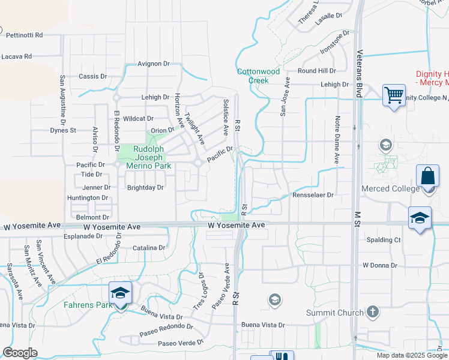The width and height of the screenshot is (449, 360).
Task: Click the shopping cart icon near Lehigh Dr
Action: tap(394, 95)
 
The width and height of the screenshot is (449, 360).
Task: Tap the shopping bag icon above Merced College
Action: tap(427, 177)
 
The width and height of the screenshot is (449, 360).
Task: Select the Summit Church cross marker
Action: tap(373, 312)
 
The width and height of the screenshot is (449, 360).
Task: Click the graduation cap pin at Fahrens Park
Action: tap(120, 293)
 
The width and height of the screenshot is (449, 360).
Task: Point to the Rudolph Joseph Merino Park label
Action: tap(144, 157)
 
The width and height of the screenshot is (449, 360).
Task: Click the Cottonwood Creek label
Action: tap(258, 75)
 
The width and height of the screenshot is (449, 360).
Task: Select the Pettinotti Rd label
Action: tap(25, 35)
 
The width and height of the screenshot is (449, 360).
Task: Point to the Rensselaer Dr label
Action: tap(312, 195)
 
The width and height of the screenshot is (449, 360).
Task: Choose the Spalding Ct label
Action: tap(383, 240)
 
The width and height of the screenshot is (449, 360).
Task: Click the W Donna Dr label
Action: tap(381, 265)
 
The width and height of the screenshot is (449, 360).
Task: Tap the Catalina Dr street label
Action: tap(149, 248)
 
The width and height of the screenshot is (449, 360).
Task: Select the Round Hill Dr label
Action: tap(316, 71)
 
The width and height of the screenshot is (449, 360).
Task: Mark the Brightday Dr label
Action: tap(145, 188)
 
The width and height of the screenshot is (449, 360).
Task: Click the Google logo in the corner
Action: tap(20, 353)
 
